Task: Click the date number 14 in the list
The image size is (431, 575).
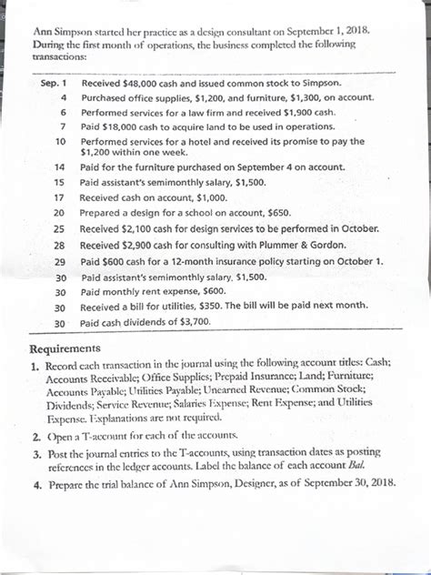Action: [60, 168]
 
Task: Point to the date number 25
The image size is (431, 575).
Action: [60, 228]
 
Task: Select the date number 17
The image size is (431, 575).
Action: [60, 197]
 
